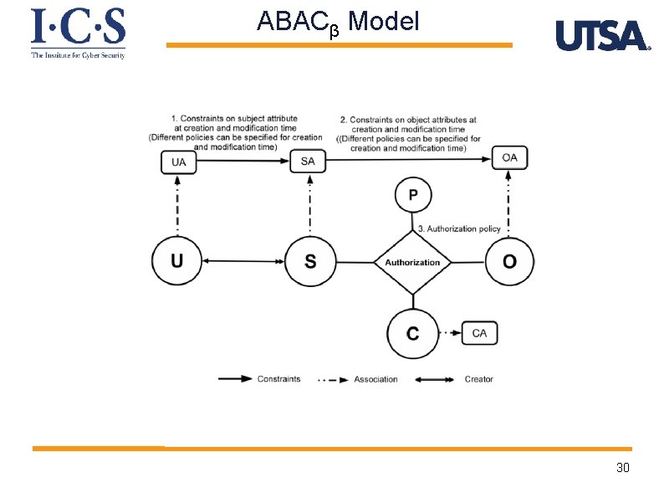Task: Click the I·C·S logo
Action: pyautogui.click(x=78, y=32)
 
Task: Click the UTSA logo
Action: pyautogui.click(x=602, y=36)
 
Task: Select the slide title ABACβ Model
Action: pyautogui.click(x=338, y=21)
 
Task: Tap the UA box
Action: pyautogui.click(x=179, y=162)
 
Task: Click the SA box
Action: pyautogui.click(x=308, y=161)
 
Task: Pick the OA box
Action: pyautogui.click(x=509, y=157)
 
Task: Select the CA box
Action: pyautogui.click(x=479, y=333)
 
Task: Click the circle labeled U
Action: pyautogui.click(x=177, y=262)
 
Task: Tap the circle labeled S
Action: pyautogui.click(x=310, y=262)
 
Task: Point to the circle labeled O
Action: pyautogui.click(x=509, y=262)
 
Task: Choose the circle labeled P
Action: pyautogui.click(x=413, y=196)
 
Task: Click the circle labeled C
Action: pyautogui.click(x=412, y=333)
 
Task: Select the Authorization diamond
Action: pyautogui.click(x=412, y=262)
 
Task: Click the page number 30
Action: pyautogui.click(x=622, y=467)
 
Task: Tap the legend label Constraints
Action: pyautogui.click(x=278, y=379)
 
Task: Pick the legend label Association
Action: pyautogui.click(x=375, y=379)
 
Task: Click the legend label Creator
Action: pyautogui.click(x=478, y=379)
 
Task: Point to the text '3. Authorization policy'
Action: pyautogui.click(x=458, y=228)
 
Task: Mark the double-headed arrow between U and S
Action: pyautogui.click(x=243, y=262)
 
